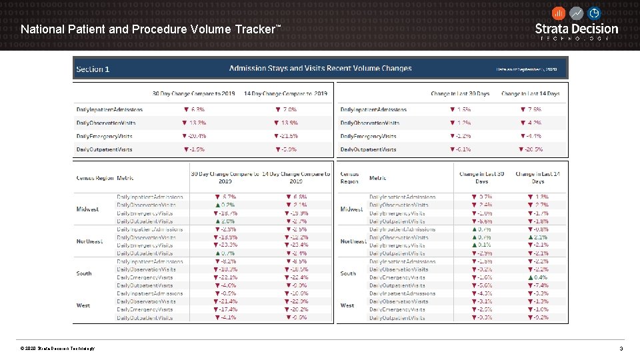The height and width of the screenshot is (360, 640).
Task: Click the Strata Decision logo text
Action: [577, 29]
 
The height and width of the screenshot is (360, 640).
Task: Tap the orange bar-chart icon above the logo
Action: [559, 13]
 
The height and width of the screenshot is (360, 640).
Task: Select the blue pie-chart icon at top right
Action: [594, 13]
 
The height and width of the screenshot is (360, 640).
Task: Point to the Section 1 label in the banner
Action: [93, 69]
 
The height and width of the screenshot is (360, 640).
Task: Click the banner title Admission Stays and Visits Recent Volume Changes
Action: [320, 68]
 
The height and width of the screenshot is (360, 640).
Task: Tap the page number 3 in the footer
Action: [621, 349]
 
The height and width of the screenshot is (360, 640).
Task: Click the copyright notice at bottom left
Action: [57, 349]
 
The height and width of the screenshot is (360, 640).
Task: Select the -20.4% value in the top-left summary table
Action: [194, 136]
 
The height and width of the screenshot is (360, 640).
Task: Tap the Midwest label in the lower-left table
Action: [87, 209]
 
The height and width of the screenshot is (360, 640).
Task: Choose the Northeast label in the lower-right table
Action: [353, 241]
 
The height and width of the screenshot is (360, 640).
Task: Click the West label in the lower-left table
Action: [83, 305]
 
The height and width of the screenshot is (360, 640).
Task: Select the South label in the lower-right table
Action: [348, 273]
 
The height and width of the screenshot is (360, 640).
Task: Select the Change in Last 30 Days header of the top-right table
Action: [460, 93]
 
